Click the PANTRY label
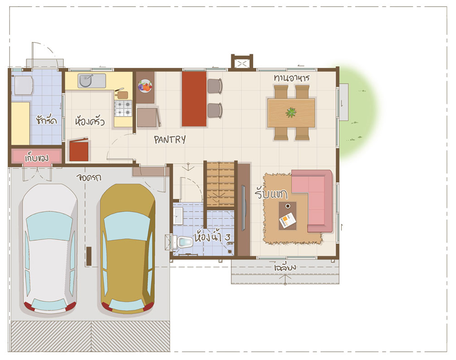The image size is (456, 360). click(x=170, y=140)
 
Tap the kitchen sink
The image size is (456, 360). click(x=91, y=81)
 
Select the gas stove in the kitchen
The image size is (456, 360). click(x=123, y=108)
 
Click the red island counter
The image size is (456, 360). click(x=194, y=99)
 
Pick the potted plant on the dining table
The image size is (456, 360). click(x=291, y=112)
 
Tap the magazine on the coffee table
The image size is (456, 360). click(x=287, y=220)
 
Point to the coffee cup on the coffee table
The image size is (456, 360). click(x=288, y=206)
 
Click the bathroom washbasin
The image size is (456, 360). click(x=178, y=216)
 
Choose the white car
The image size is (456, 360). click(x=50, y=249)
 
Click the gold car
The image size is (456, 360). click(x=127, y=249)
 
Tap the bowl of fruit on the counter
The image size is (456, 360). click(x=145, y=86)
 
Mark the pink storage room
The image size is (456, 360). click(x=36, y=157)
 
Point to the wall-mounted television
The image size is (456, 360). click(x=243, y=208)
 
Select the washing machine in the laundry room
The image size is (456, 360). click(x=23, y=85)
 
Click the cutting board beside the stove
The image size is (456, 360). click(x=122, y=94)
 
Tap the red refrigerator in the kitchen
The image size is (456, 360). click(x=79, y=150)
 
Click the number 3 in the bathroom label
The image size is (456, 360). click(x=227, y=237)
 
